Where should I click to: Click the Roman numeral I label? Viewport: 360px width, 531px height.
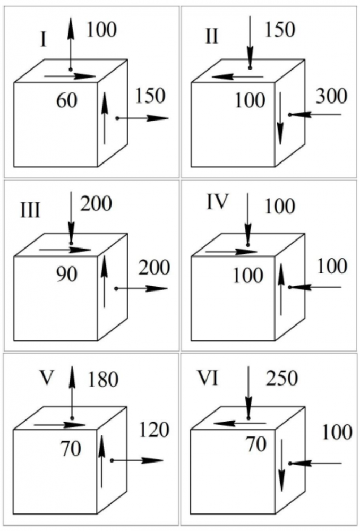coord(43,40)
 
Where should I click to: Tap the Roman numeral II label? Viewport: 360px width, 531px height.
coord(211,38)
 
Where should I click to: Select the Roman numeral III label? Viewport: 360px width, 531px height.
coord(30,211)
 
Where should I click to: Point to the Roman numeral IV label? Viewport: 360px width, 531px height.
coord(218,202)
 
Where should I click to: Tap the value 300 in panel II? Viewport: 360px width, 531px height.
coord(331,96)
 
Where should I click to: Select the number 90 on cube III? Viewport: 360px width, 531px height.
coord(66,274)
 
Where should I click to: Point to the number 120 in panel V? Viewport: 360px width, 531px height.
coord(154,430)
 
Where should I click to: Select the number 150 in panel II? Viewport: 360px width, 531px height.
coord(279,30)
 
